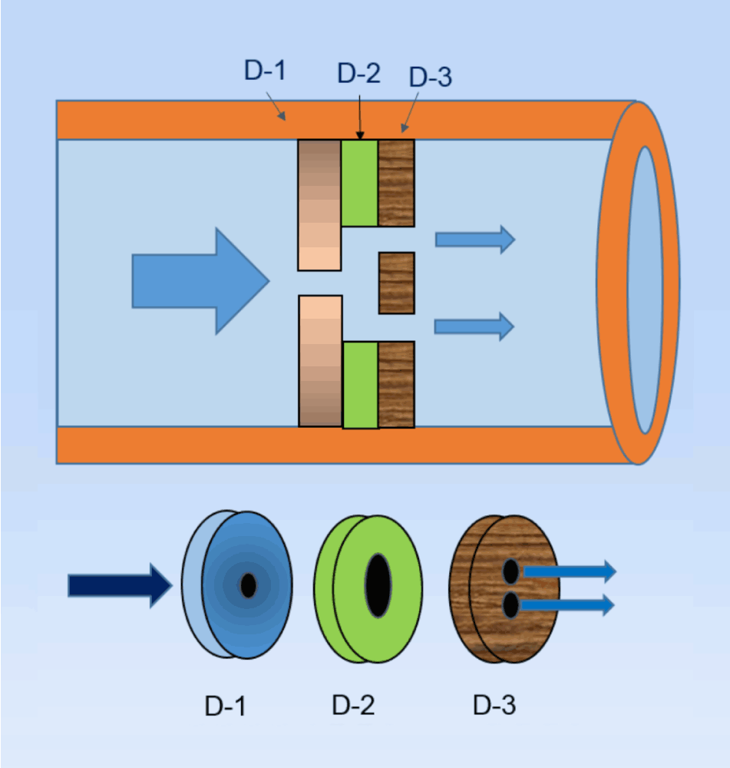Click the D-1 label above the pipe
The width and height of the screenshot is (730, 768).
click(x=265, y=71)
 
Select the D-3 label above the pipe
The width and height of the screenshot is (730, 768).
click(x=431, y=77)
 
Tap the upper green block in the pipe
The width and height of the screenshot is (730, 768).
click(x=359, y=183)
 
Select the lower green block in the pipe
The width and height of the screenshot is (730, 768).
click(x=360, y=385)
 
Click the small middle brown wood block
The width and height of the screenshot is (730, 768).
click(x=396, y=283)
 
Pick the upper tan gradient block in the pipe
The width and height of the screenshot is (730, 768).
click(x=319, y=205)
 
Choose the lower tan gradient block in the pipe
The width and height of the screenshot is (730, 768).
click(x=320, y=360)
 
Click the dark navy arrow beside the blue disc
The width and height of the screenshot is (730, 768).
click(x=119, y=585)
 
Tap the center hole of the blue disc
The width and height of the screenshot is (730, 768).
click(x=248, y=585)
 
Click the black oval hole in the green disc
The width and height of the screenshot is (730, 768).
click(x=377, y=584)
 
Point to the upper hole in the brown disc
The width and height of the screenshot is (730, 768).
click(x=510, y=571)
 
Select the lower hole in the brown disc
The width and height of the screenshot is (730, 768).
click(x=510, y=606)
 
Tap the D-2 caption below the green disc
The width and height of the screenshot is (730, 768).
click(x=354, y=705)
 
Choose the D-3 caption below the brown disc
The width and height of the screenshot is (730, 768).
click(x=494, y=705)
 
